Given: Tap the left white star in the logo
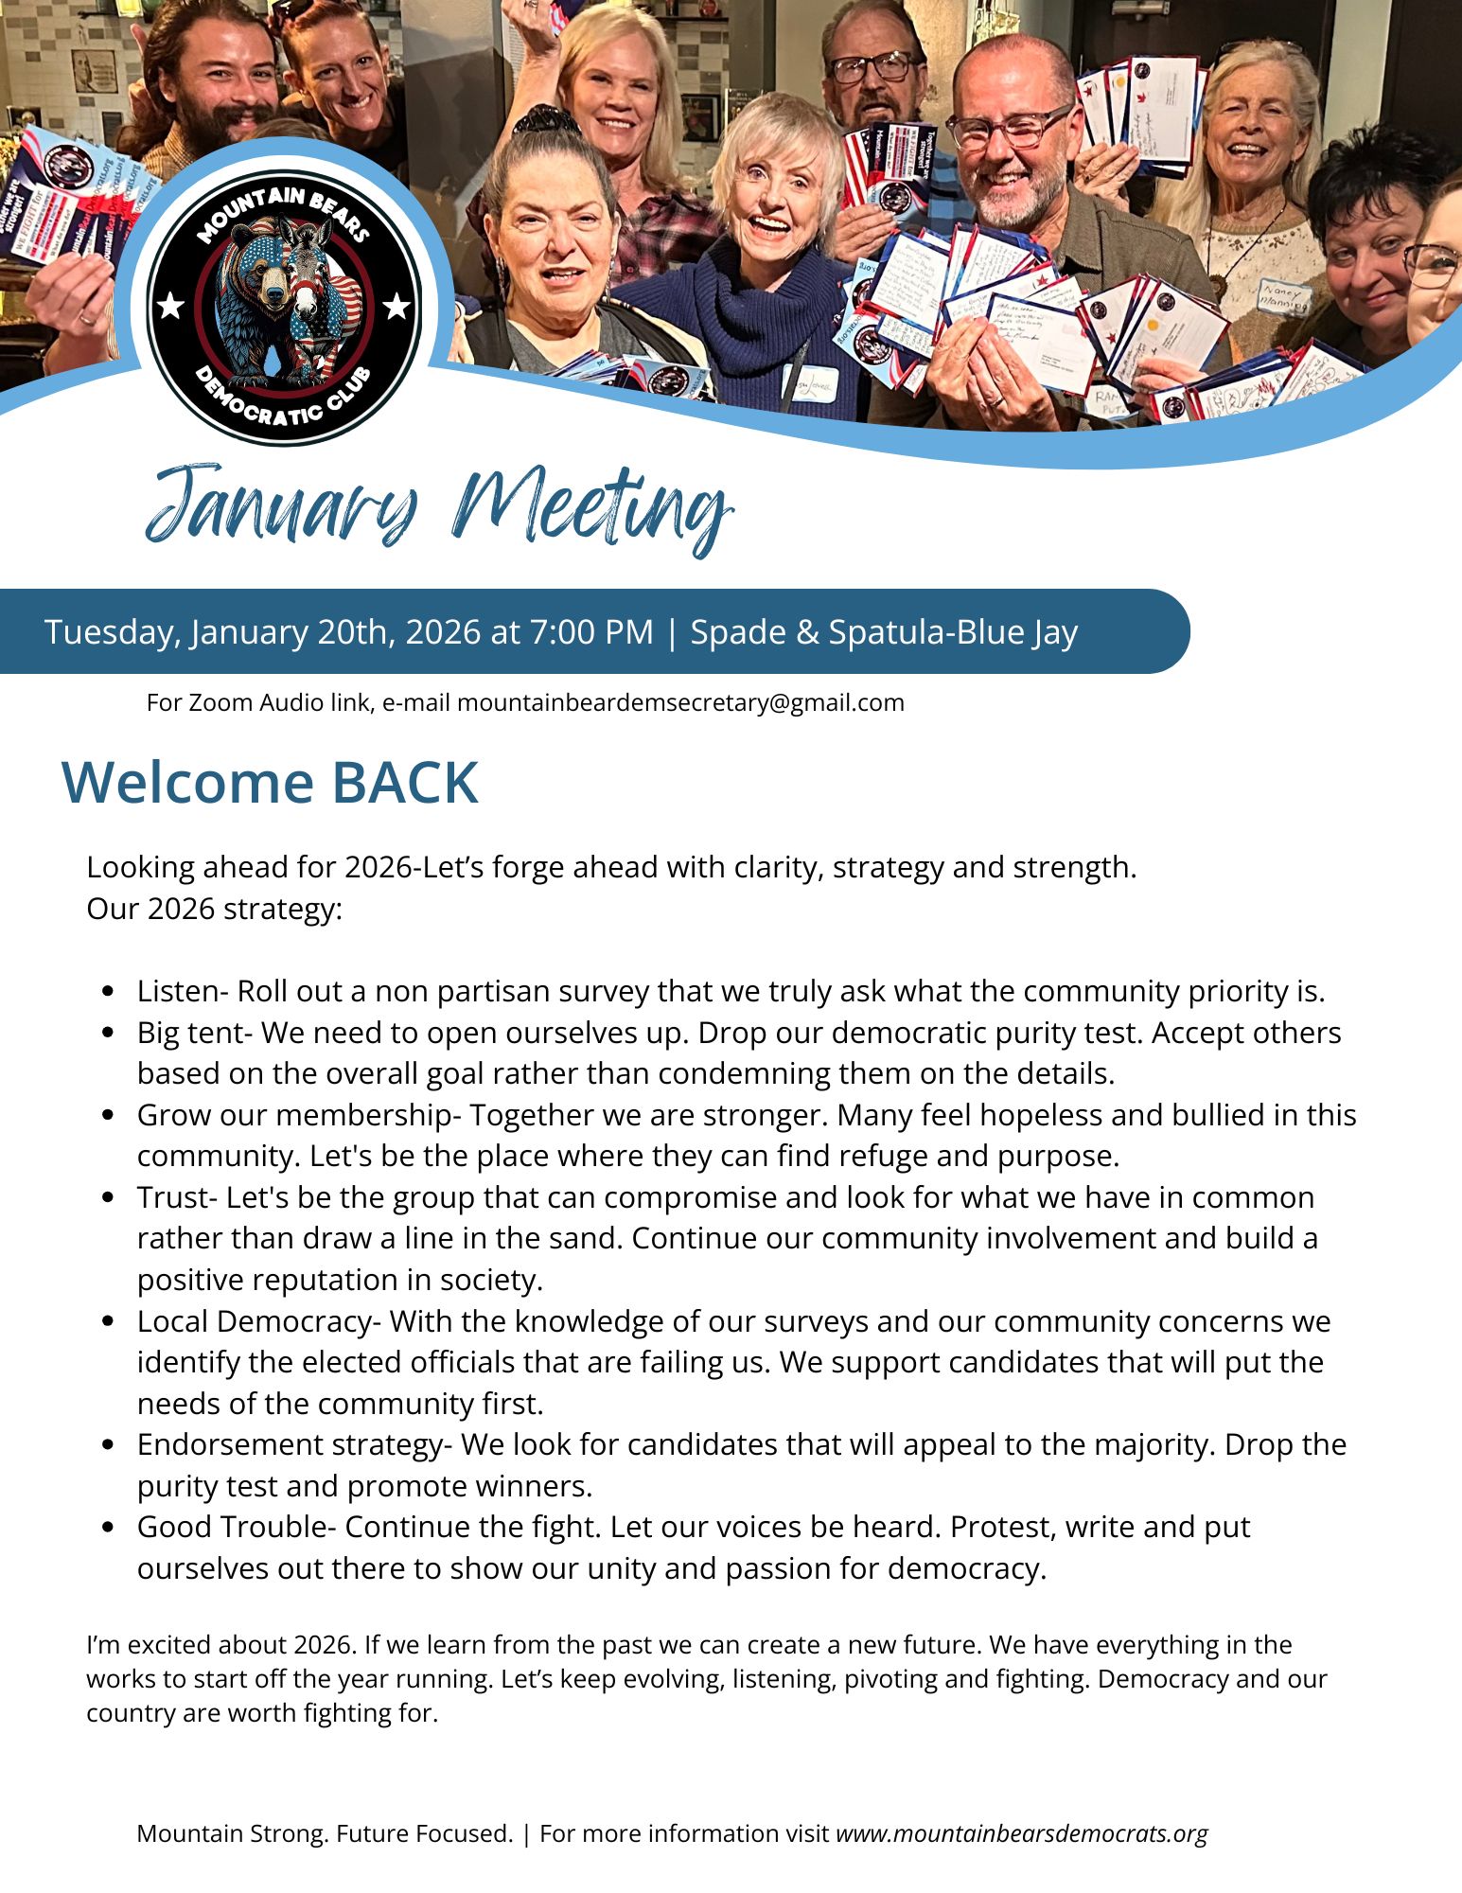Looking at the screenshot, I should pyautogui.click(x=170, y=306).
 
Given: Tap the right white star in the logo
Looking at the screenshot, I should pyautogui.click(x=397, y=306).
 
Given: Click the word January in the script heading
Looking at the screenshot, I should pyautogui.click(x=282, y=506).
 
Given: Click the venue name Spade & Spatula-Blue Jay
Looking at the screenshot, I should pyautogui.click(x=884, y=631).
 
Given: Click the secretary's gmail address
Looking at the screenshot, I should pyautogui.click(x=680, y=702).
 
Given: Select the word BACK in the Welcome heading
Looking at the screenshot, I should pyautogui.click(x=404, y=782).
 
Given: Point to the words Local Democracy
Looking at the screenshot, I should pyautogui.click(x=254, y=1320).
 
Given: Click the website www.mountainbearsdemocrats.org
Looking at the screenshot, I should pyautogui.click(x=1021, y=1833).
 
